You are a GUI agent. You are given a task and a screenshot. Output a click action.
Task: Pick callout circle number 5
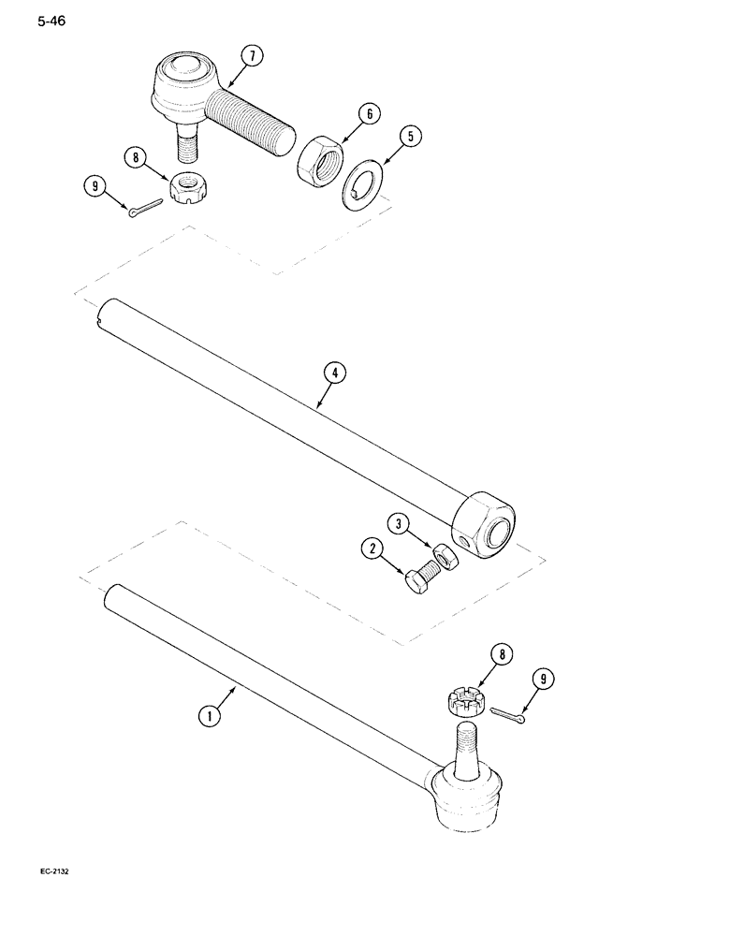click(x=408, y=137)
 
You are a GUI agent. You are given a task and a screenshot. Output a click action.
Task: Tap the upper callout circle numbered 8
click(x=139, y=158)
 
